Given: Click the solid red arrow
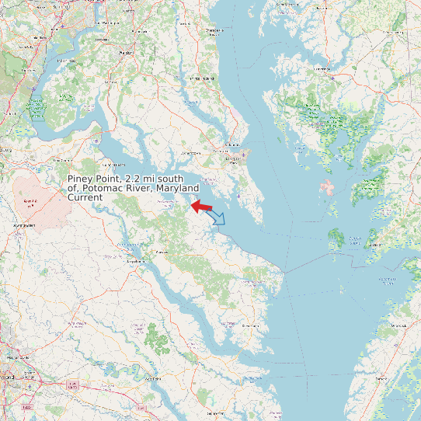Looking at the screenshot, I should tap(202, 207).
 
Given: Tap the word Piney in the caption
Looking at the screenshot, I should tap(83, 179).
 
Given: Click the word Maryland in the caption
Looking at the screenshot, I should tap(176, 189).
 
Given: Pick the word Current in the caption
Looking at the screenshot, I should tap(85, 198).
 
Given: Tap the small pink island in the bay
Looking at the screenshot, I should tap(327, 186).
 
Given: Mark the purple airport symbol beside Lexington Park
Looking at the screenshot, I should tap(243, 154).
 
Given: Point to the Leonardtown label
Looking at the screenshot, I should tap(165, 201).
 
